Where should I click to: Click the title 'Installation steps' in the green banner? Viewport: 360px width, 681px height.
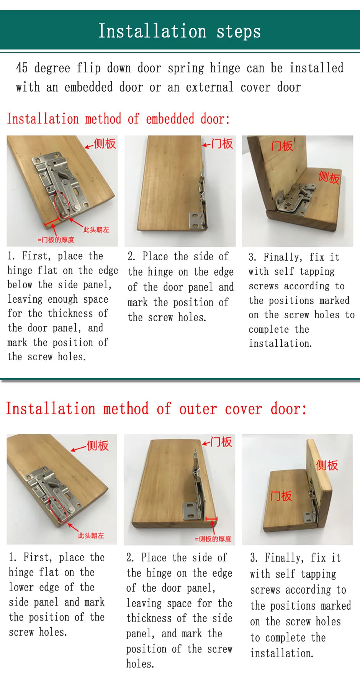click(179, 31)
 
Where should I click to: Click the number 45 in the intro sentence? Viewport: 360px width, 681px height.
click(22, 68)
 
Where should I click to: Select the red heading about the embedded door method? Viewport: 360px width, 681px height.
click(118, 119)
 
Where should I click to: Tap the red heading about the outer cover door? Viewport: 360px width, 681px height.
click(156, 409)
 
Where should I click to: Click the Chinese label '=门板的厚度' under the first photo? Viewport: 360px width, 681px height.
click(56, 240)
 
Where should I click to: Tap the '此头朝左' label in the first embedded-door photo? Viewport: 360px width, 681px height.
click(96, 230)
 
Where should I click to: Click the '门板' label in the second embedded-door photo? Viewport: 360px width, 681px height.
click(222, 144)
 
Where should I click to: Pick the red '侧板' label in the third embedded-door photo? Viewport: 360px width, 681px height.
click(329, 177)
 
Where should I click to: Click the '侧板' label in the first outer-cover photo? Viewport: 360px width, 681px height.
click(98, 446)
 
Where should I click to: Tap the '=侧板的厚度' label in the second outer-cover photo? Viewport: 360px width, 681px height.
click(213, 539)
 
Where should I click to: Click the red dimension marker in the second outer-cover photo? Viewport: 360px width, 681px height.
click(211, 519)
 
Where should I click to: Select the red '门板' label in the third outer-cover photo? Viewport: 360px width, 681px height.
click(281, 496)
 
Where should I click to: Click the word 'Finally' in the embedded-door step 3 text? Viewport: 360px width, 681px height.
click(283, 257)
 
